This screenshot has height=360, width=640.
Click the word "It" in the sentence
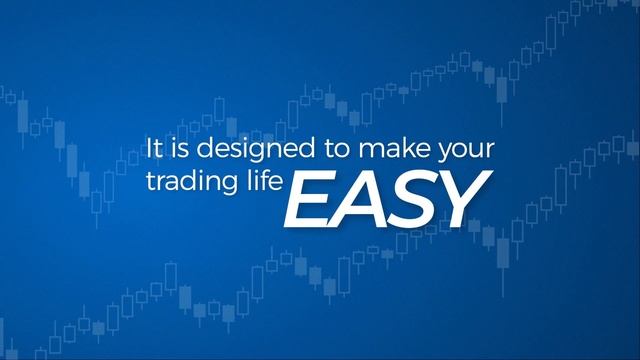coord(154,151)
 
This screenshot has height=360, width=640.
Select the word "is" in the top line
coord(176,151)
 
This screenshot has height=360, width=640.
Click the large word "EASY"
coord(386,198)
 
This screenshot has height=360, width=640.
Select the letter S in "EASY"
coord(411,198)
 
